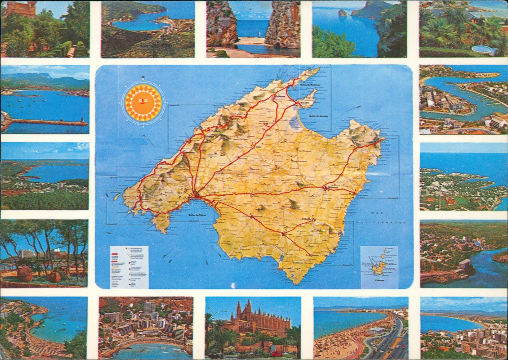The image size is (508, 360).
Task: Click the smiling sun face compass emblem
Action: [143, 103]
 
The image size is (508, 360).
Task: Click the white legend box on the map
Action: [129, 267]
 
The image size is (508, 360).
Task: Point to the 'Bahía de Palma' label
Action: [194, 215]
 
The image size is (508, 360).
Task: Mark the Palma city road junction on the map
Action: [196, 195]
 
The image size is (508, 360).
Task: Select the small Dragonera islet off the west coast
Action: [116, 196]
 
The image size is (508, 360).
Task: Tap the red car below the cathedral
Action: [276, 353]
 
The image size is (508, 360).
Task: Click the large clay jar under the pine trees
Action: [25, 273]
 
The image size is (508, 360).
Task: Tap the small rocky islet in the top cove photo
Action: [343, 13]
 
